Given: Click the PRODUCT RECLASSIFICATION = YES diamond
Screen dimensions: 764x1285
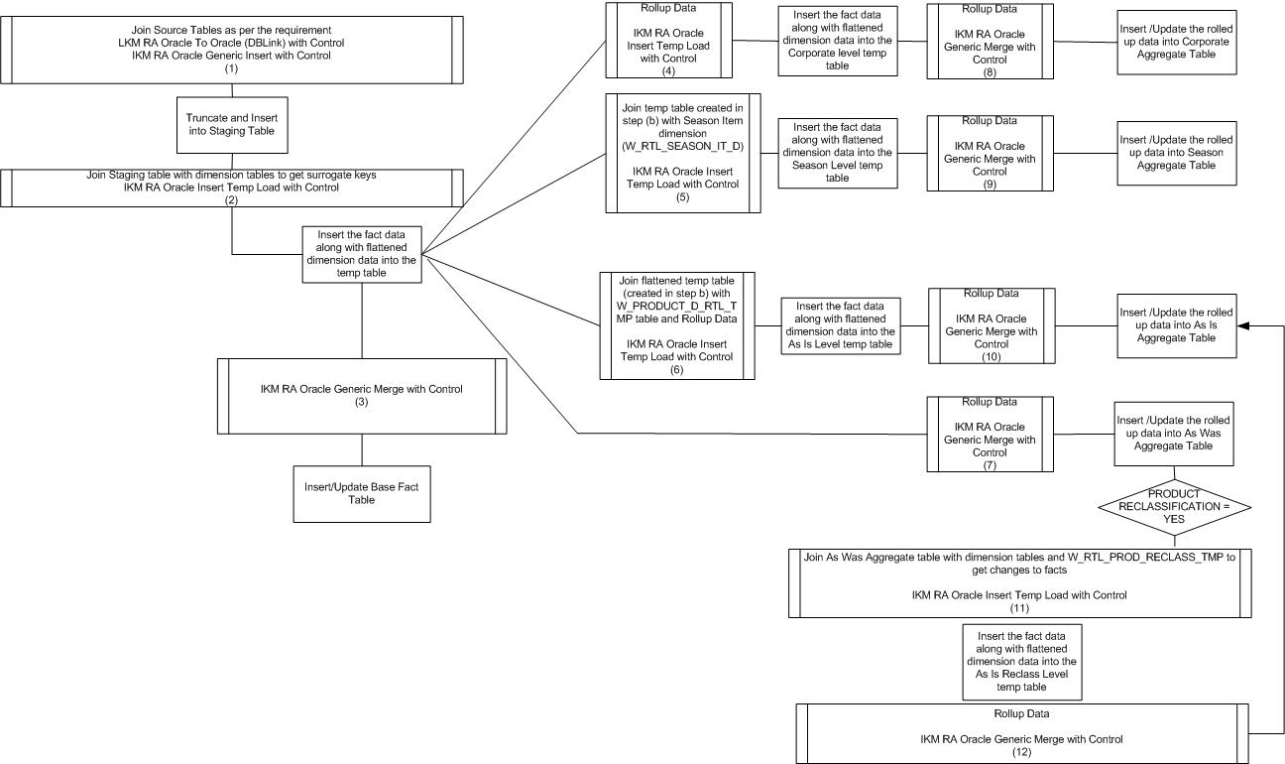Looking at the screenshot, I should coord(1173,505).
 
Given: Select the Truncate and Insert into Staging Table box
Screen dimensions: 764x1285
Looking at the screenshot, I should coord(232,125).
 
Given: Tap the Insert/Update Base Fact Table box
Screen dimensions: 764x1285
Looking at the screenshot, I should coord(361,493).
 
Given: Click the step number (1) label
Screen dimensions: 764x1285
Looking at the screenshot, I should coord(231,68).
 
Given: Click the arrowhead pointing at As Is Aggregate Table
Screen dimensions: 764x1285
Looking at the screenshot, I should coord(1244,324).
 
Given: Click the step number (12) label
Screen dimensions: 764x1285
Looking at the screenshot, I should coord(1021,753).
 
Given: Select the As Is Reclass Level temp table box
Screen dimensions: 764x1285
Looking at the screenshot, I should coord(1021,661).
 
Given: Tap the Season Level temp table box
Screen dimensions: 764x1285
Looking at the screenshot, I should coord(838,151).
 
